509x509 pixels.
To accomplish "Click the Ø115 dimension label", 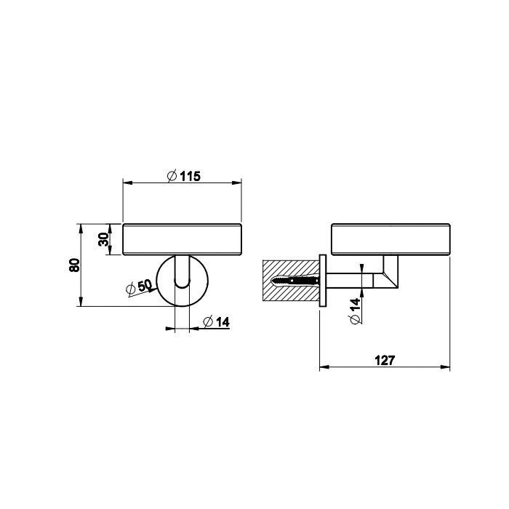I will (x=183, y=176).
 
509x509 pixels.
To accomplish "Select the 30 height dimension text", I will (x=104, y=239).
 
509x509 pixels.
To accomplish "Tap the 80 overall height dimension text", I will (x=72, y=265).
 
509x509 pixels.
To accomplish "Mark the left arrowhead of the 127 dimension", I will (x=324, y=367).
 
